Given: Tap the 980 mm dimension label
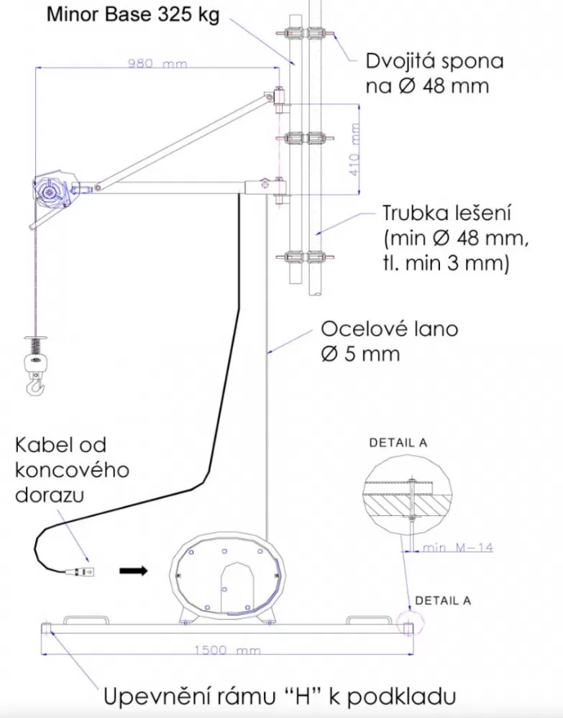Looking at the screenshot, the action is tap(157, 63).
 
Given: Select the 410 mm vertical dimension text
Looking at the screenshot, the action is tap(354, 149).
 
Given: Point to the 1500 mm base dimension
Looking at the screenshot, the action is tap(227, 650).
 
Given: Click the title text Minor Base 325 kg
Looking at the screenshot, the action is tap(133, 15).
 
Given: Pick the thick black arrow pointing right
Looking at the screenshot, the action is tap(133, 571).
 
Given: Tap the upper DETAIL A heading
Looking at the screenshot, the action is tap(398, 443).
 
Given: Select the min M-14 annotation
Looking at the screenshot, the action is tap(457, 547).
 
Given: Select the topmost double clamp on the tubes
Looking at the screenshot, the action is tap(305, 33).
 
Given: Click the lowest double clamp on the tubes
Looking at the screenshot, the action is tap(305, 257).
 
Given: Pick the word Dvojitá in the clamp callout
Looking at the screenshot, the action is tap(400, 61).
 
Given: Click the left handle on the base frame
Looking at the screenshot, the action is tap(86, 620).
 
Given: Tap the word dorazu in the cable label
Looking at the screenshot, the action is tap(50, 495).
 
